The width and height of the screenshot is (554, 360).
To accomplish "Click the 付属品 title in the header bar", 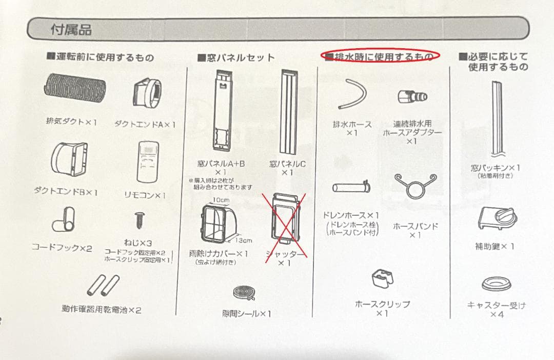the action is (x=71, y=30).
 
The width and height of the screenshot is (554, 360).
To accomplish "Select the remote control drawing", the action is (x=148, y=162).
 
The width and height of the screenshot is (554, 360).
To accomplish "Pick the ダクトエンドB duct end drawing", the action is (x=70, y=159).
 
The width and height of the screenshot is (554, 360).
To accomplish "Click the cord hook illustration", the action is (x=64, y=220).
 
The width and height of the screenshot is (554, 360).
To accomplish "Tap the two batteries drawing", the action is (x=103, y=285).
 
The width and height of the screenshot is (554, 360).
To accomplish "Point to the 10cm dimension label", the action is (x=221, y=200).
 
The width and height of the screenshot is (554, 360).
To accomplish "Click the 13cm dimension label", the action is (x=244, y=240).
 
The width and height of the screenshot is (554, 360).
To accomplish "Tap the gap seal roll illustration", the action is (x=244, y=293).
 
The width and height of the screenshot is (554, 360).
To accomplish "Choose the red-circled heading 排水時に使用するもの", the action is (x=380, y=56).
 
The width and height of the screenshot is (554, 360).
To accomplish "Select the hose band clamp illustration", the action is (x=415, y=186).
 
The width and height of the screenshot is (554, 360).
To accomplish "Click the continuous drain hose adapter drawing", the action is (x=412, y=96).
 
